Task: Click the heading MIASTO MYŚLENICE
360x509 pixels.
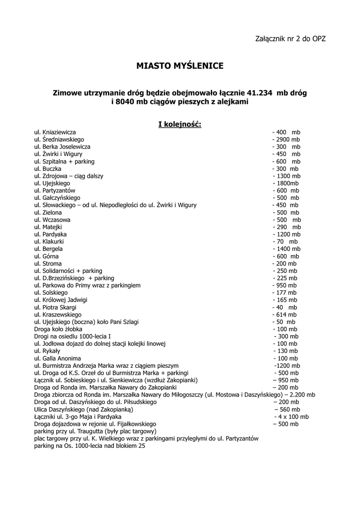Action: pos(180,65)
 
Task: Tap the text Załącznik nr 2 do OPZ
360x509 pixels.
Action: pos(290,38)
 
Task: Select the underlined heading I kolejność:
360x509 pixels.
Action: pos(180,124)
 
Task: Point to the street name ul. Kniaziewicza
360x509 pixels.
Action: pos(55,133)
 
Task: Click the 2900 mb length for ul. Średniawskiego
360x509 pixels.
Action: pos(286,140)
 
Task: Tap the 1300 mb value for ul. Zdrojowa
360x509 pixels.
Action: pos(286,176)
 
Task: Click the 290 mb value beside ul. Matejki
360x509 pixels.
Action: pos(285,227)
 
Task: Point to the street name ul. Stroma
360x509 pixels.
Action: pos(48,263)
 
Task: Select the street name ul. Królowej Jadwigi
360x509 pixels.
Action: pos(61,300)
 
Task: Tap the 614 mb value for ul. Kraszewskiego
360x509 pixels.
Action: pos(284,315)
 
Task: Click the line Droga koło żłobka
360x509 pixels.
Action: pos(58,329)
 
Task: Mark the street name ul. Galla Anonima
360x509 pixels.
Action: pos(57,358)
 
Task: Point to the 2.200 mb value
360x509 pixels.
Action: pos(300,395)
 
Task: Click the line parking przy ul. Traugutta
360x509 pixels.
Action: pos(95,431)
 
